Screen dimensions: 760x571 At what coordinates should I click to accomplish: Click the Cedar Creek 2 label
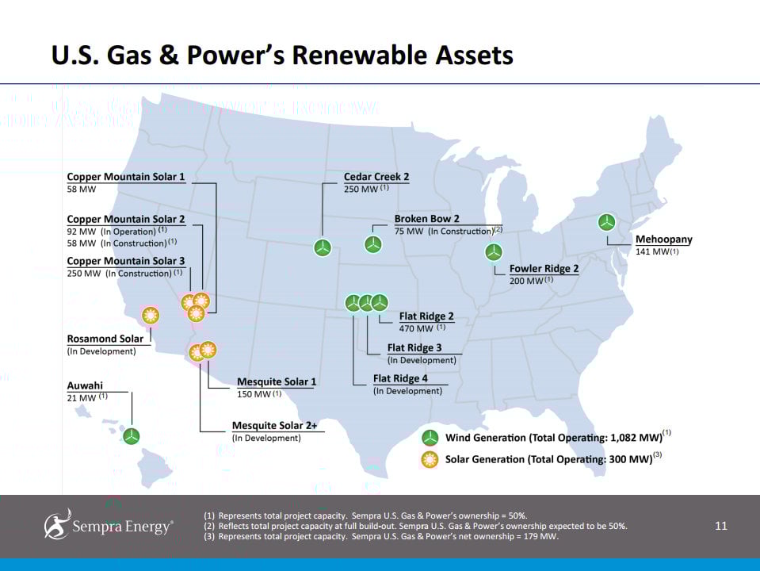click(376, 177)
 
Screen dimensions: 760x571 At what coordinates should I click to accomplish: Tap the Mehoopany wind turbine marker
click(606, 223)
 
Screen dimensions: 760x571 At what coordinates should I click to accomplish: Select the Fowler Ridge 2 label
click(544, 268)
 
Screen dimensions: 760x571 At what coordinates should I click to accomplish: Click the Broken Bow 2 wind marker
click(372, 244)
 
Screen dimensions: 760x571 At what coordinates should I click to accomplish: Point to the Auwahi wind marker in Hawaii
click(131, 436)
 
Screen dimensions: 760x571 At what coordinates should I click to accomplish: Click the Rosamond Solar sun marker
click(151, 316)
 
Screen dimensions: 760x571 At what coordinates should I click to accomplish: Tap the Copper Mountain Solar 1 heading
click(126, 177)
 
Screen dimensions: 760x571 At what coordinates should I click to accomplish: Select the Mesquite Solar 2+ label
click(275, 425)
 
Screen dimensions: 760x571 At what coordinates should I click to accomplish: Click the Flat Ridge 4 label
click(400, 378)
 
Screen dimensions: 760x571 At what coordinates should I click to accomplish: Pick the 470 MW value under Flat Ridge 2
click(416, 328)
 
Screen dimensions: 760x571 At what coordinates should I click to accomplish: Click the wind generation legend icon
click(430, 438)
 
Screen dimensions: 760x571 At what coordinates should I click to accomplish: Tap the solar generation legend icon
click(430, 459)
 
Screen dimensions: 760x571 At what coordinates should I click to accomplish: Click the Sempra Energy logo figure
click(58, 524)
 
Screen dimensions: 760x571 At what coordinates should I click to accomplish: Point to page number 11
click(720, 526)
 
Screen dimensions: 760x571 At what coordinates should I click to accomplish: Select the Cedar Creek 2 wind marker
click(323, 247)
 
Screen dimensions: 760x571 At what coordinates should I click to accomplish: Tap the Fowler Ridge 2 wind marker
click(494, 251)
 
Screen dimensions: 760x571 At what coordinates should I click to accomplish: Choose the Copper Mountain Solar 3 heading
click(126, 261)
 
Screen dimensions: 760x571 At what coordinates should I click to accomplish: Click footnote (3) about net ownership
click(381, 537)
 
